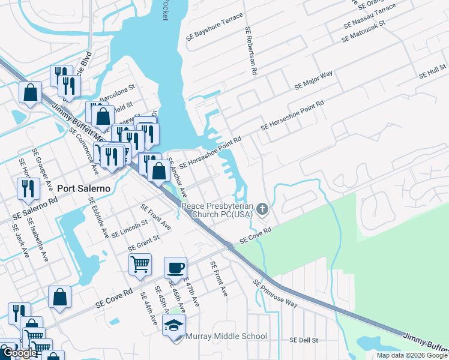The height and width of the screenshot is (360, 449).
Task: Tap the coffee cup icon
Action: point(175,267)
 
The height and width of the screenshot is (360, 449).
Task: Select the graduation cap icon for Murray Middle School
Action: point(173,325)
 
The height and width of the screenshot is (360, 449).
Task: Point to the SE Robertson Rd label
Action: point(251,51)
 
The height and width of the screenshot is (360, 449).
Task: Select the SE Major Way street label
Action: point(313,81)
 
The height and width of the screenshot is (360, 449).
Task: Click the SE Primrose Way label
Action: point(275,293)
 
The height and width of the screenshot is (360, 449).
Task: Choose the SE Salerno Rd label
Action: point(34,205)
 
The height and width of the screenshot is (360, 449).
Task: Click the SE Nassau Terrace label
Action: point(370,16)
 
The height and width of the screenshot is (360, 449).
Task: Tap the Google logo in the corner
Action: point(19,353)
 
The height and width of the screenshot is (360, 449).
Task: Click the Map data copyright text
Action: point(412,355)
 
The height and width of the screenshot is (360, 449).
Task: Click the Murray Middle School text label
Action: point(226,336)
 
